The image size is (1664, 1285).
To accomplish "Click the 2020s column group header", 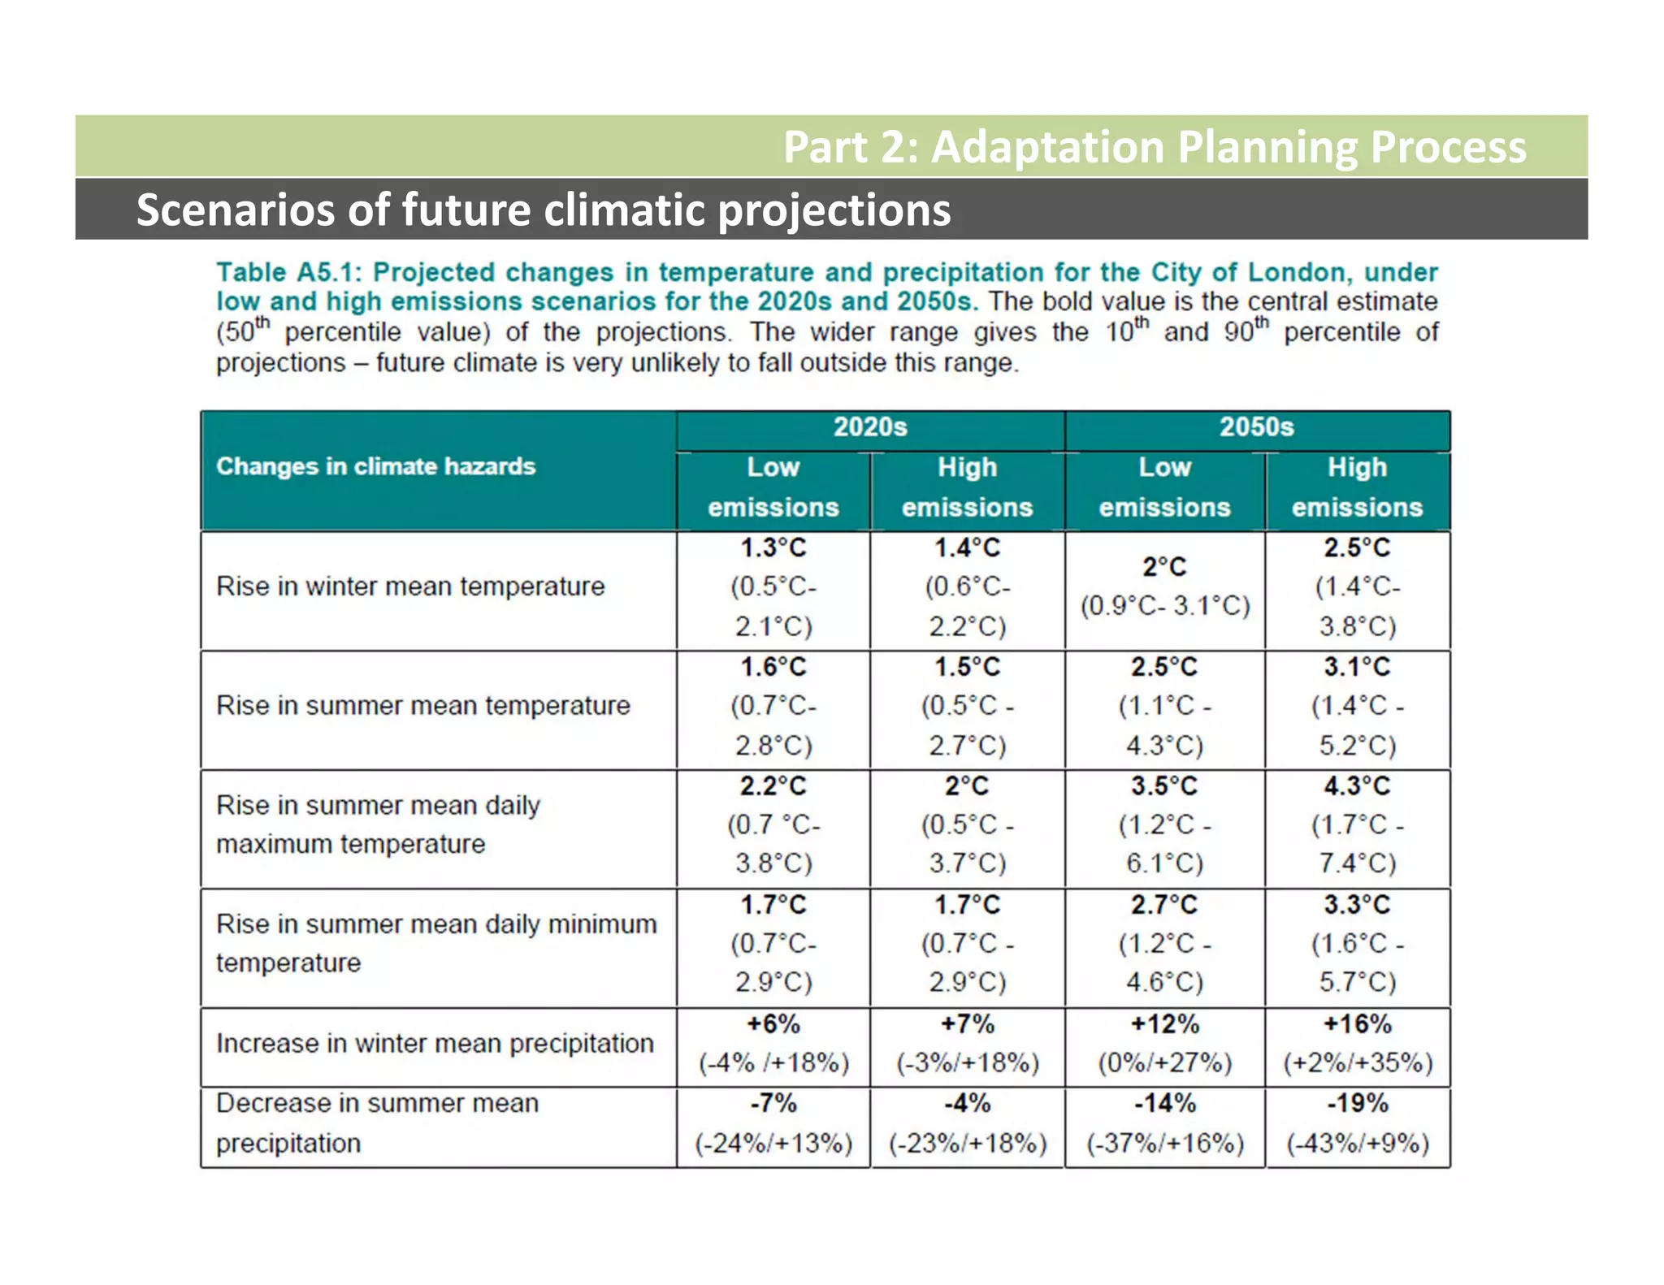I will pos(869,427).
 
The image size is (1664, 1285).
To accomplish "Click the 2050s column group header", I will pos(1256,427).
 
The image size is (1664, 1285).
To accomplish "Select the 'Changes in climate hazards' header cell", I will pos(375,467).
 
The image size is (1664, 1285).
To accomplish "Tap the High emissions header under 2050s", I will pos(1357,487).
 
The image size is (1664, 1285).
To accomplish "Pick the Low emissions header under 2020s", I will pos(773,487).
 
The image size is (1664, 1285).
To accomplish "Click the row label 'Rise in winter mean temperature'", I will pos(410,586).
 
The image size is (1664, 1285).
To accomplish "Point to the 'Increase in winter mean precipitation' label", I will pos(435,1044).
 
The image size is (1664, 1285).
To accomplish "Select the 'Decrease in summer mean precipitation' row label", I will pos(377,1123).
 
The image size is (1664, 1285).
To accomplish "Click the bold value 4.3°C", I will pos(1357,786).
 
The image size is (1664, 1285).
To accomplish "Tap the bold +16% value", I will pos(1357,1024).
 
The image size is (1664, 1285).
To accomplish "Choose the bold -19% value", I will pos(1357,1104).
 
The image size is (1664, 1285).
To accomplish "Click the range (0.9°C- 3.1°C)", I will pos(1164,606).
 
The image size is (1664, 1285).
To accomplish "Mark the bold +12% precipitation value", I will pos(1164,1024).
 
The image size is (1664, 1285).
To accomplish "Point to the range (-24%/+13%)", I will pos(773,1144).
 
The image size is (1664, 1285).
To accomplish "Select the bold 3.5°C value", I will pos(1164,786).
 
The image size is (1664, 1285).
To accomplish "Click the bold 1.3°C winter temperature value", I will pos(773,548).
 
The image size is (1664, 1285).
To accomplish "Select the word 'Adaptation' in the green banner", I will pos(1048,147).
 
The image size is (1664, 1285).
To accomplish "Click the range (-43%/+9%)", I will pos(1357,1144).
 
